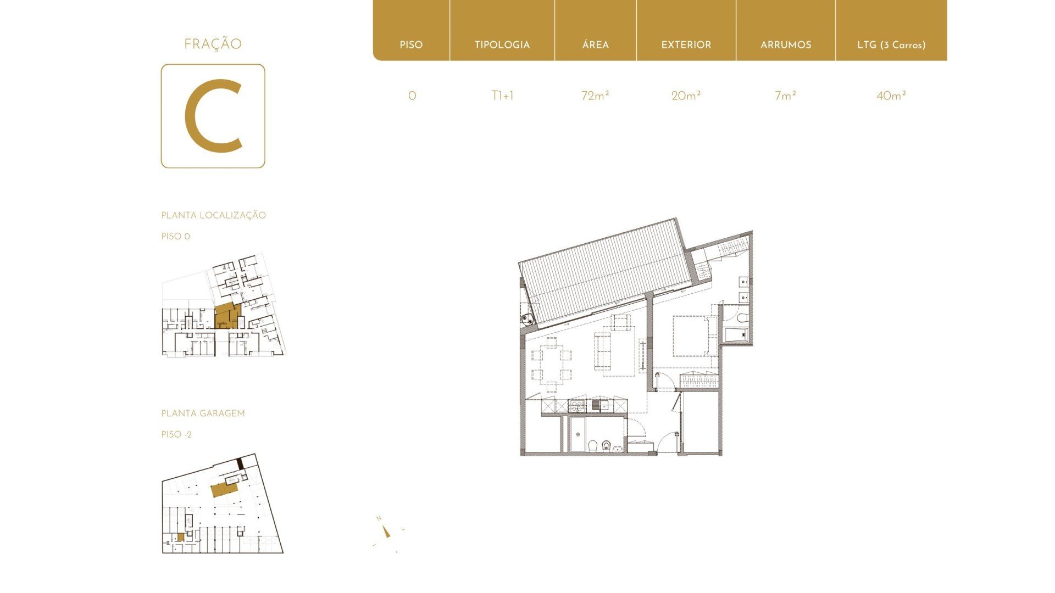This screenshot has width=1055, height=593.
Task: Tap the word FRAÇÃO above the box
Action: point(213,44)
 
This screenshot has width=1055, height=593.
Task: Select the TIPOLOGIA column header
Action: point(502,45)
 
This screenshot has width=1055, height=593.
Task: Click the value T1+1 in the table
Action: point(502,96)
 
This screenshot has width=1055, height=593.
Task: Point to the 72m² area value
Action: point(595,96)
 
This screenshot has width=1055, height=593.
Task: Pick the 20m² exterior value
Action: point(686,96)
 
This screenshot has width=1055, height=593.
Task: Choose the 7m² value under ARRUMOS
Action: point(786,96)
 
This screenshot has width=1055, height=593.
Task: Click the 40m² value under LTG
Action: point(891,96)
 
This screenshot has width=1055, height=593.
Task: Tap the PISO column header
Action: point(411,45)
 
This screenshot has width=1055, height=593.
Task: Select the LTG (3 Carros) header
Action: point(891,45)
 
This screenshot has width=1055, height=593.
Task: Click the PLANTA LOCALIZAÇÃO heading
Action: point(213,215)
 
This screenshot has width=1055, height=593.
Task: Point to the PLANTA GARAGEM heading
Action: point(203,413)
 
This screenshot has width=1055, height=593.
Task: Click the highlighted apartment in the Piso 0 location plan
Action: point(225,317)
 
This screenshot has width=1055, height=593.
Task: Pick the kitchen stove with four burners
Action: point(578,406)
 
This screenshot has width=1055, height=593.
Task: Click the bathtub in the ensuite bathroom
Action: point(737,334)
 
